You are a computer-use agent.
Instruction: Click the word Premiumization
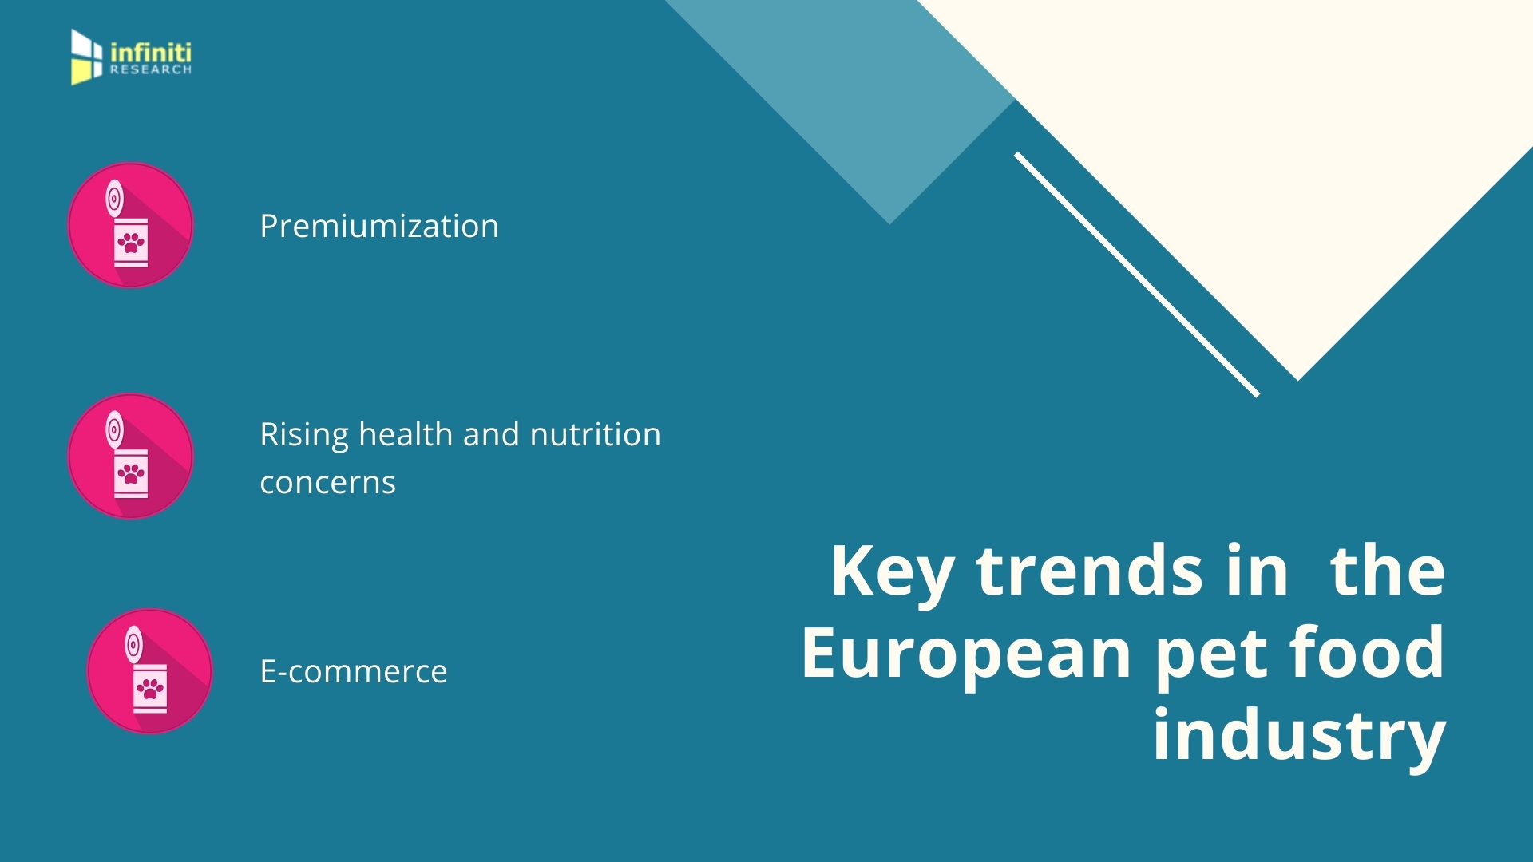point(379,227)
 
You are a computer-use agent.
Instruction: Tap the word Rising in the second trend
point(304,436)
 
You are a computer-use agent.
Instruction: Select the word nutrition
point(595,435)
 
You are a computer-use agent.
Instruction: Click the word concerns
point(327,483)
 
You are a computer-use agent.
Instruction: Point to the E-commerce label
point(353,672)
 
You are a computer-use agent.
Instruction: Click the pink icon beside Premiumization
point(130,225)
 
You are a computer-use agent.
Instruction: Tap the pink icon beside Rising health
point(130,456)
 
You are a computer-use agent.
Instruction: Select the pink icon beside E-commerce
point(149,671)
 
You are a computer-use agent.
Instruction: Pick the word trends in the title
point(1089,571)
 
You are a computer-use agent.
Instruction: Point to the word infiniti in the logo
point(151,53)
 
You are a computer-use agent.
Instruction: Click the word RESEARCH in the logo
point(151,70)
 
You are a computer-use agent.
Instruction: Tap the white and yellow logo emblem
point(86,57)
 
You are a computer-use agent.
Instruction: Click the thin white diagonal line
point(1136,275)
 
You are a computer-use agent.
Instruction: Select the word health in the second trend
point(406,435)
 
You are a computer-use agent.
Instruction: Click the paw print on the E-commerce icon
point(150,689)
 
